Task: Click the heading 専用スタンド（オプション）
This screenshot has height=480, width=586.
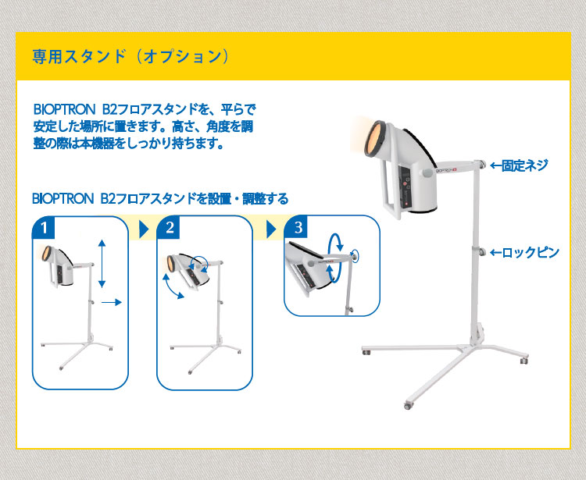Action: [130, 56]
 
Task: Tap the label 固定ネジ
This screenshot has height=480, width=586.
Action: [523, 165]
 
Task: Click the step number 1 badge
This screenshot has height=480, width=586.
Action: [46, 228]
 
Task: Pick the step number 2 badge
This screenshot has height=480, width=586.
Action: [170, 228]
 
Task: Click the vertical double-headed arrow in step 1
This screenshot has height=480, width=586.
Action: [102, 263]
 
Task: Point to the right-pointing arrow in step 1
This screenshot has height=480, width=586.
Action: [113, 300]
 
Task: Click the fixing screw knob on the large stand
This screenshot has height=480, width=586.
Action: [481, 165]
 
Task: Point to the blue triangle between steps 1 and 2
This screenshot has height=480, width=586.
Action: [143, 229]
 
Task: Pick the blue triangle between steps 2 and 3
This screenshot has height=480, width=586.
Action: [270, 229]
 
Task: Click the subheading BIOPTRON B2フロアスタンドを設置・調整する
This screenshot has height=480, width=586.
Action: [160, 199]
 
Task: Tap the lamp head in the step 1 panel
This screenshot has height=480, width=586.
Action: [62, 263]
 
